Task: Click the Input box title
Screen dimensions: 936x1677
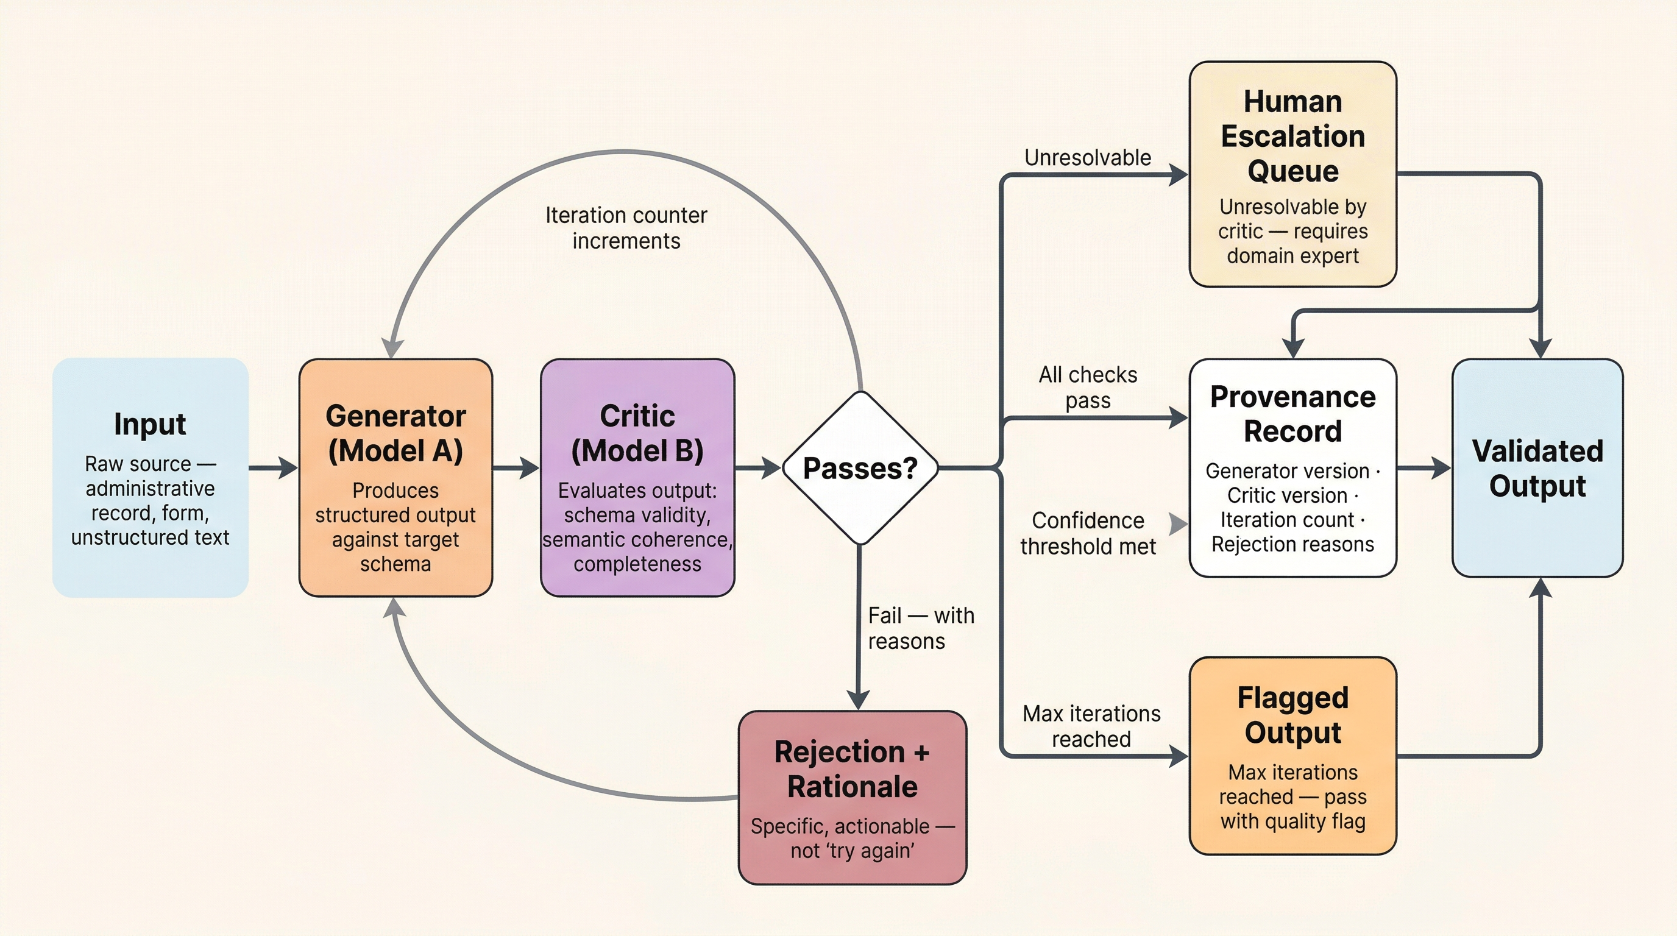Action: tap(150, 424)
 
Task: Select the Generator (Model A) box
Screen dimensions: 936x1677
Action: tap(395, 477)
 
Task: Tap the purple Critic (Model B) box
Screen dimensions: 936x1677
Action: tap(637, 477)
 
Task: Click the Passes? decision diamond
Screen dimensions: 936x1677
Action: tap(860, 468)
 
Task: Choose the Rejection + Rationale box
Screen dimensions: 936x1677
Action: tap(852, 797)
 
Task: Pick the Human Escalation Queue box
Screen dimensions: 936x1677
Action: tap(1292, 174)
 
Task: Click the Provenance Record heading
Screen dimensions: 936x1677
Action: tap(1292, 414)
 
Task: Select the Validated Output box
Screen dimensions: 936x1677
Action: tap(1537, 468)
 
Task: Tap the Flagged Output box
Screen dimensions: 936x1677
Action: tap(1292, 756)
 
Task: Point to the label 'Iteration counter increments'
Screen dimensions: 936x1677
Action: tap(626, 228)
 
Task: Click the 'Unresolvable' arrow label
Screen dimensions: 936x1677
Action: tap(1087, 157)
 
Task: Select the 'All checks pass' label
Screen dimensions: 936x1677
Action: tap(1087, 388)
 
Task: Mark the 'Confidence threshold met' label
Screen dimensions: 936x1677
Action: tap(1087, 533)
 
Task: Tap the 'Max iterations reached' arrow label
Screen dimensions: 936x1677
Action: tap(1091, 726)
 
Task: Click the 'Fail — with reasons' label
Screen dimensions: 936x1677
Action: tap(920, 628)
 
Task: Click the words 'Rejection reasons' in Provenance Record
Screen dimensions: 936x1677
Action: tap(1292, 544)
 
